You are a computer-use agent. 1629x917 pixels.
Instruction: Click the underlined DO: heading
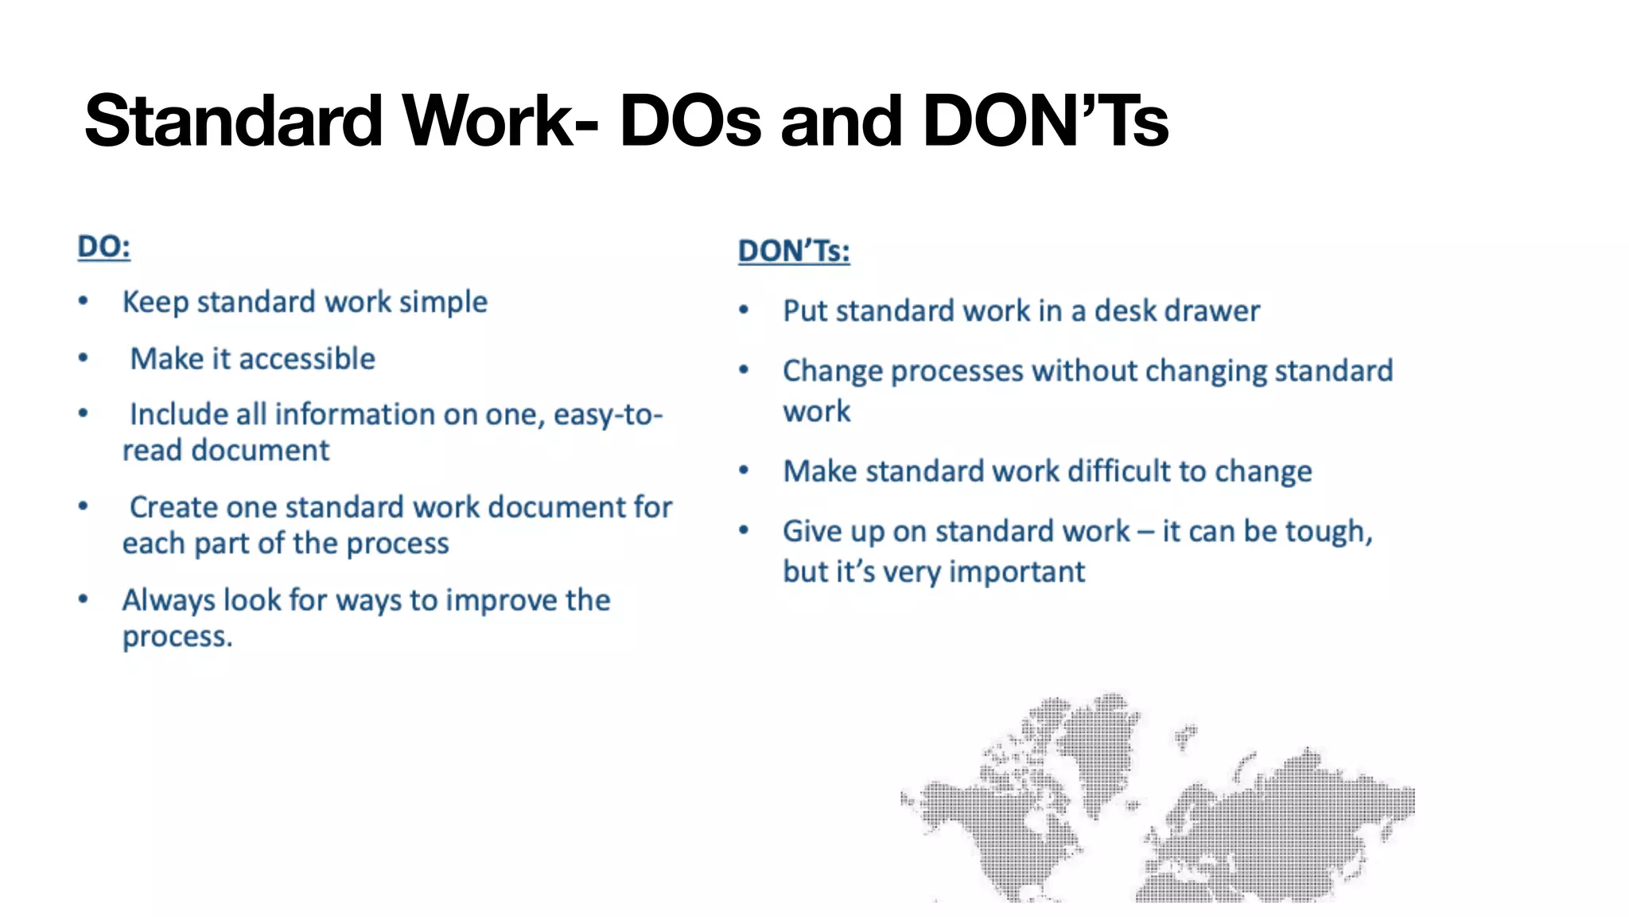[103, 247]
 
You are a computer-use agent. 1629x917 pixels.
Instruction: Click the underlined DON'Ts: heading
[793, 252]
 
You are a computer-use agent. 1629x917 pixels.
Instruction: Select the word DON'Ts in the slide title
[1044, 122]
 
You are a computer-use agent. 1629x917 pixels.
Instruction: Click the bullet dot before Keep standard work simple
[84, 302]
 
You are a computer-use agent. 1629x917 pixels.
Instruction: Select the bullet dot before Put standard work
[744, 310]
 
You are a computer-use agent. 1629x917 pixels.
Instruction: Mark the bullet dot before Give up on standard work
[744, 530]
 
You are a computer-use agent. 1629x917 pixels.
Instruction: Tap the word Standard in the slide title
[233, 122]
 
